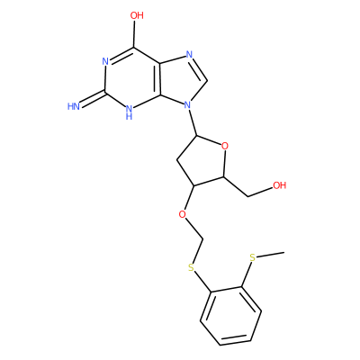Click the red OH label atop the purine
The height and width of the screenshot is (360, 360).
137,15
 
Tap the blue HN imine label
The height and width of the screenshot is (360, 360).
74,106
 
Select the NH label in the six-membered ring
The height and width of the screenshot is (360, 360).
129,112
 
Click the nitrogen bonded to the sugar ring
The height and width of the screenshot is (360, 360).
188,105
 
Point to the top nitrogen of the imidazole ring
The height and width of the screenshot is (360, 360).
189,55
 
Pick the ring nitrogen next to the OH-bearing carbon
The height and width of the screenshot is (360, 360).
105,62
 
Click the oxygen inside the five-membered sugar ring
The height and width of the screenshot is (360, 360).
224,147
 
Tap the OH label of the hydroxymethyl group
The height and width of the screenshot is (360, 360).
279,185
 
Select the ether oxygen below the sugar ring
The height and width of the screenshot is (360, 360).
182,215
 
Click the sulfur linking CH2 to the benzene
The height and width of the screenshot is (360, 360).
191,267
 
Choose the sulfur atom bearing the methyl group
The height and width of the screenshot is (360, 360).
253,257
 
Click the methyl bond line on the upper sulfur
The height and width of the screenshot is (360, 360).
271,255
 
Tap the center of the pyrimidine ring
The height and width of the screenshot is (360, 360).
132,78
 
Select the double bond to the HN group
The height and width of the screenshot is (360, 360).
93,98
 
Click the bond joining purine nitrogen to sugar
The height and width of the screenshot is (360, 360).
193,123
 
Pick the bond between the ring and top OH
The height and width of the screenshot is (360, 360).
135,34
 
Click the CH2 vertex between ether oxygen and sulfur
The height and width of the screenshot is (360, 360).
203,239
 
